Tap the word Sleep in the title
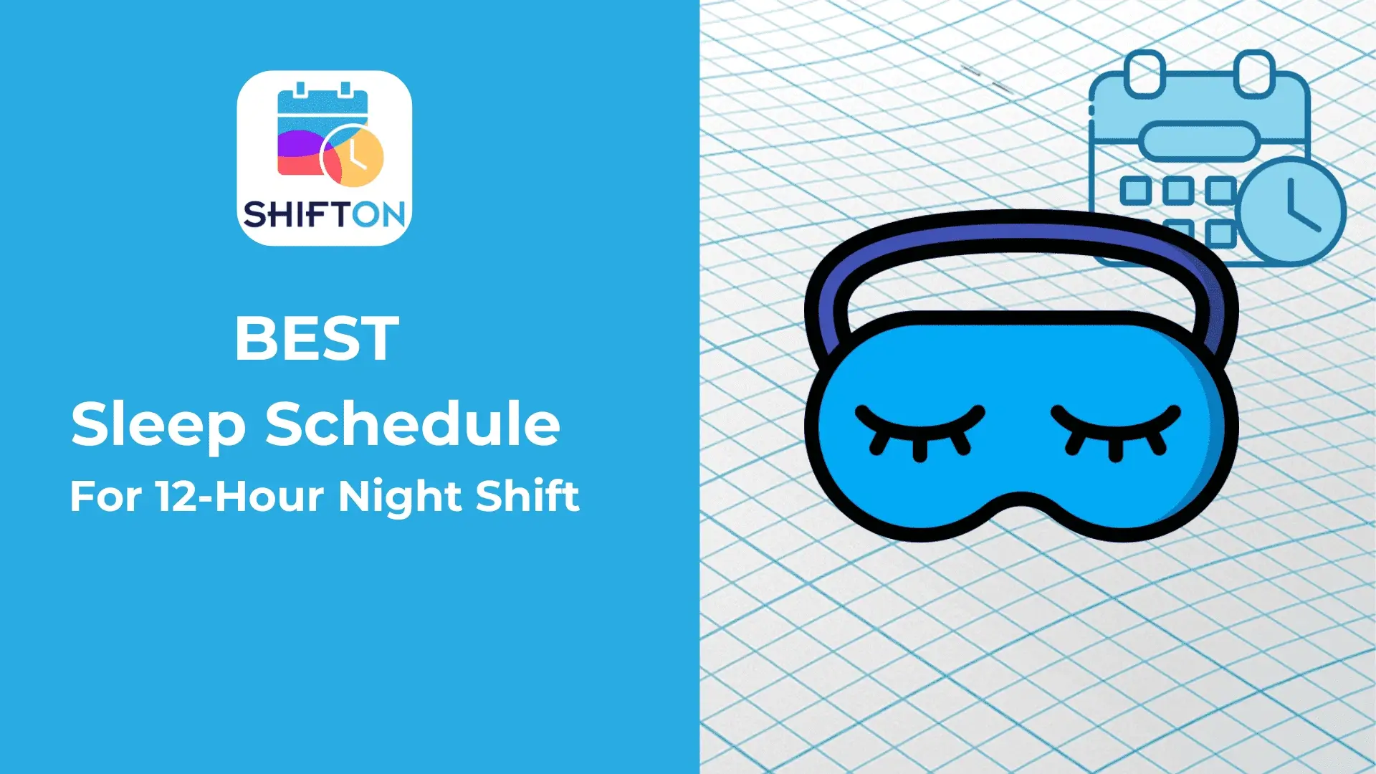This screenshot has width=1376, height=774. tap(158, 426)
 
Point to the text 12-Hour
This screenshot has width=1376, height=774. tap(240, 496)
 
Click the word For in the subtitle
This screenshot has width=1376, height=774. tap(106, 496)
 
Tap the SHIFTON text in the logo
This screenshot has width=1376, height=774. tap(324, 214)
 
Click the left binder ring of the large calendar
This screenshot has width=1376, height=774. tap(1145, 74)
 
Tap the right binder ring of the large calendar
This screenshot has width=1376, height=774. tap(1255, 74)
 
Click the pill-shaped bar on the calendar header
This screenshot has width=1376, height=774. tap(1199, 141)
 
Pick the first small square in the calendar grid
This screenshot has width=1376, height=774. tap(1135, 191)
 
